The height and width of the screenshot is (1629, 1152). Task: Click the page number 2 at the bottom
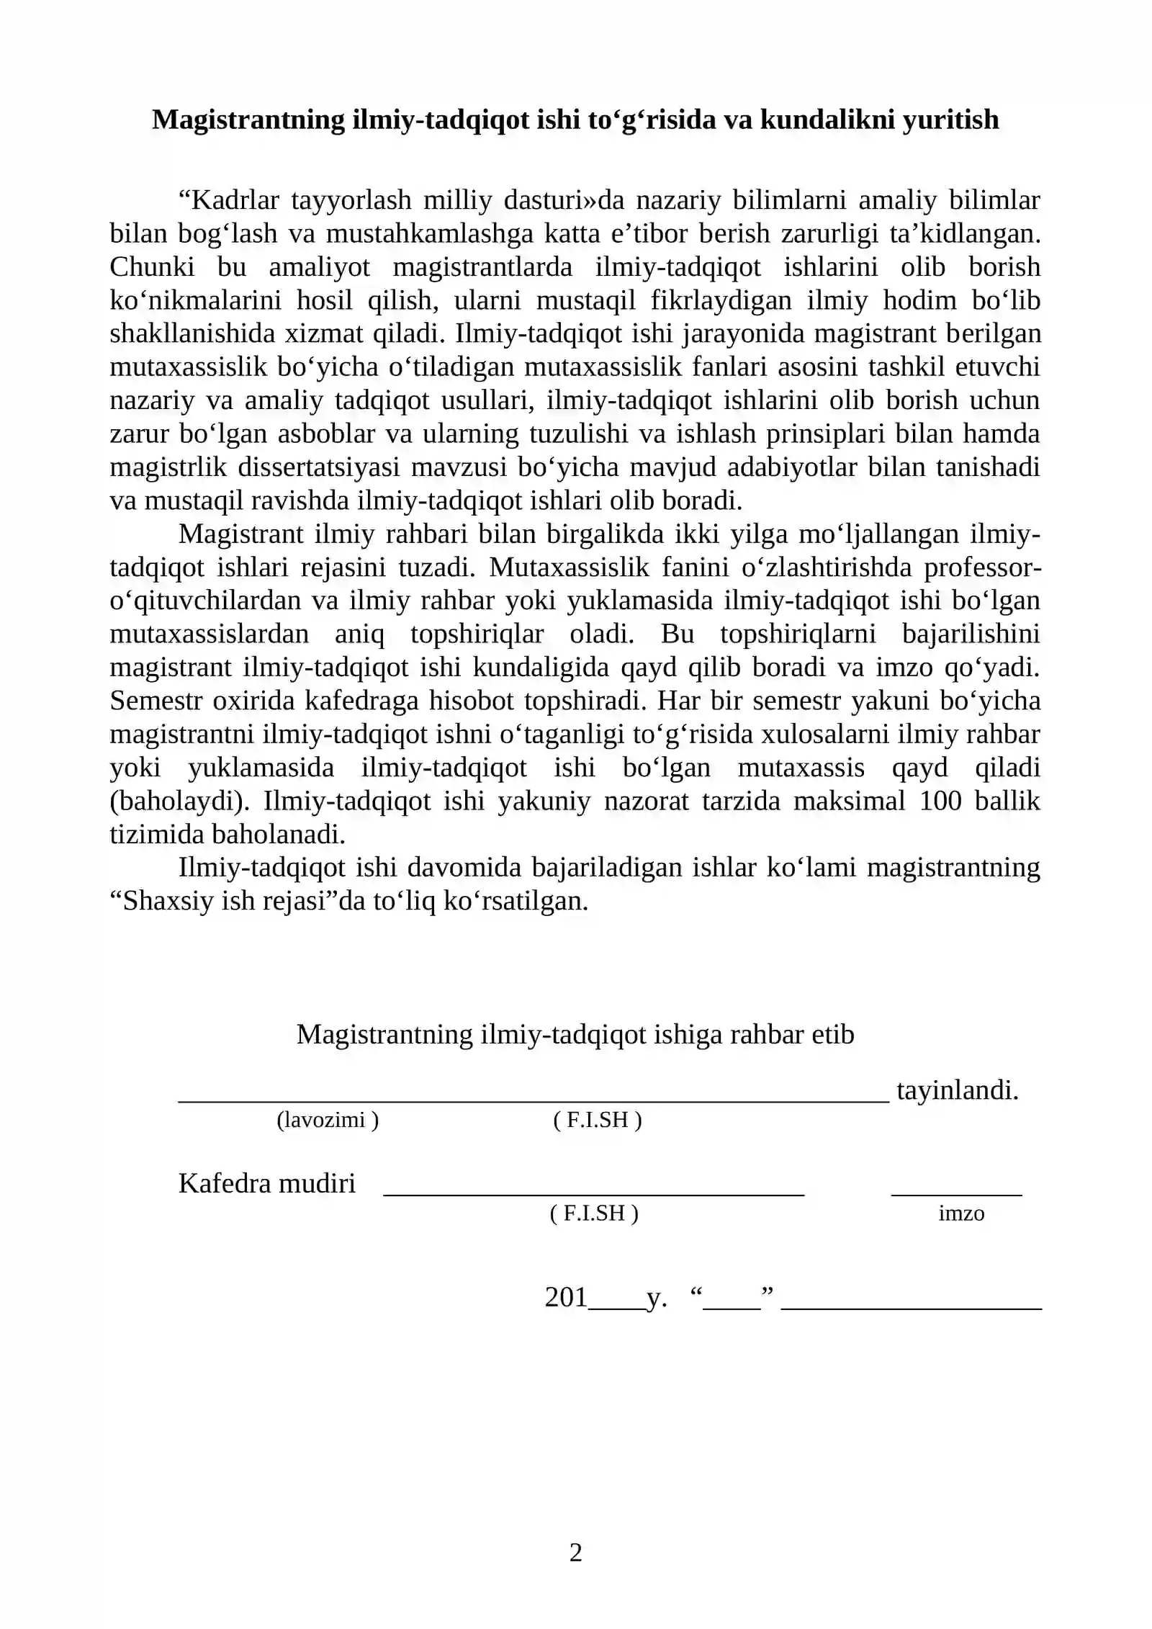click(575, 1552)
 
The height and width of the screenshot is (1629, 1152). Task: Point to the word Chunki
click(152, 267)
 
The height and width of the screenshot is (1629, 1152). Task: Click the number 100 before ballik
click(940, 801)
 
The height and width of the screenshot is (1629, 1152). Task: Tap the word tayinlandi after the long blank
click(957, 1090)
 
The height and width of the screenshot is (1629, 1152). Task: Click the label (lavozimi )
click(328, 1120)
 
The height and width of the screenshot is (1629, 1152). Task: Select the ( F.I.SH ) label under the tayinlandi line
click(597, 1120)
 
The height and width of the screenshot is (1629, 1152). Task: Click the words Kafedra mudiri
click(267, 1183)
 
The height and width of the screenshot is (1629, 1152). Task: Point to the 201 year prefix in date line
click(566, 1297)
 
